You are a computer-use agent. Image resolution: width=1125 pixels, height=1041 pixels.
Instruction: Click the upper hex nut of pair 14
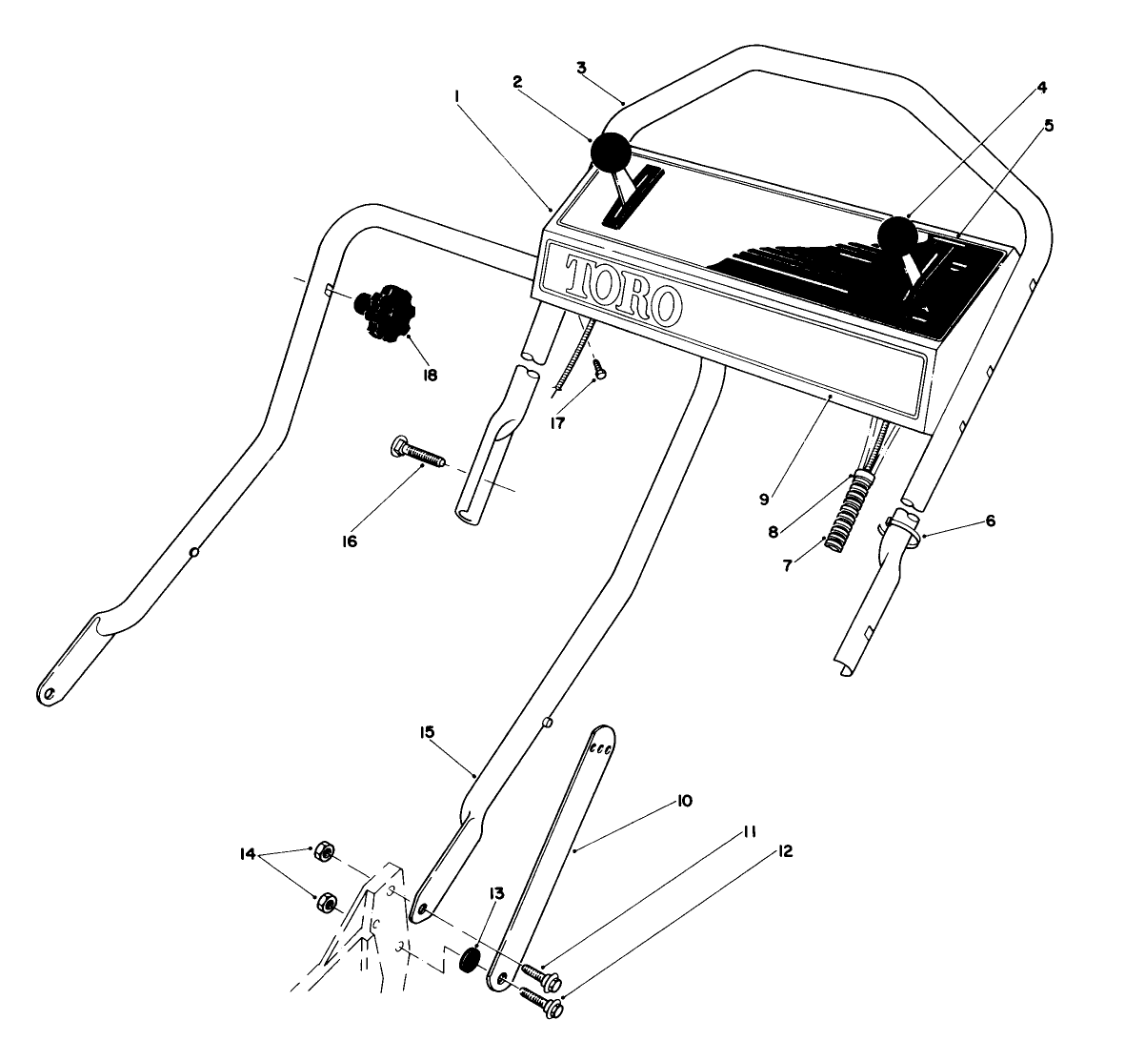(324, 850)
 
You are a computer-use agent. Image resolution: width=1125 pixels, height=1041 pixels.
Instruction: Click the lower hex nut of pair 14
(326, 900)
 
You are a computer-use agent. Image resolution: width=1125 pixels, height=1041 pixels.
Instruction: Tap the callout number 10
(685, 801)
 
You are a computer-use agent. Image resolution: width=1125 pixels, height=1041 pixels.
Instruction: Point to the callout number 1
(458, 95)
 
